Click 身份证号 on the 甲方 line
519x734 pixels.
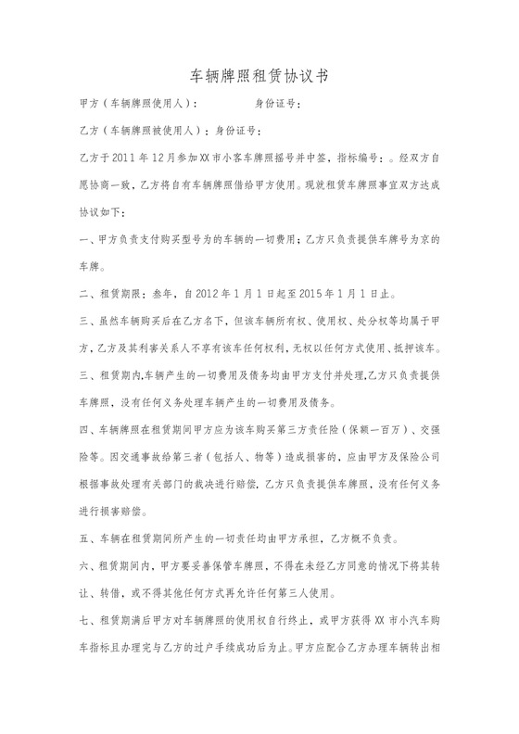275,105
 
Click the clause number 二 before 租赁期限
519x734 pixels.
88,297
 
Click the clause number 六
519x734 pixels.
88,565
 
